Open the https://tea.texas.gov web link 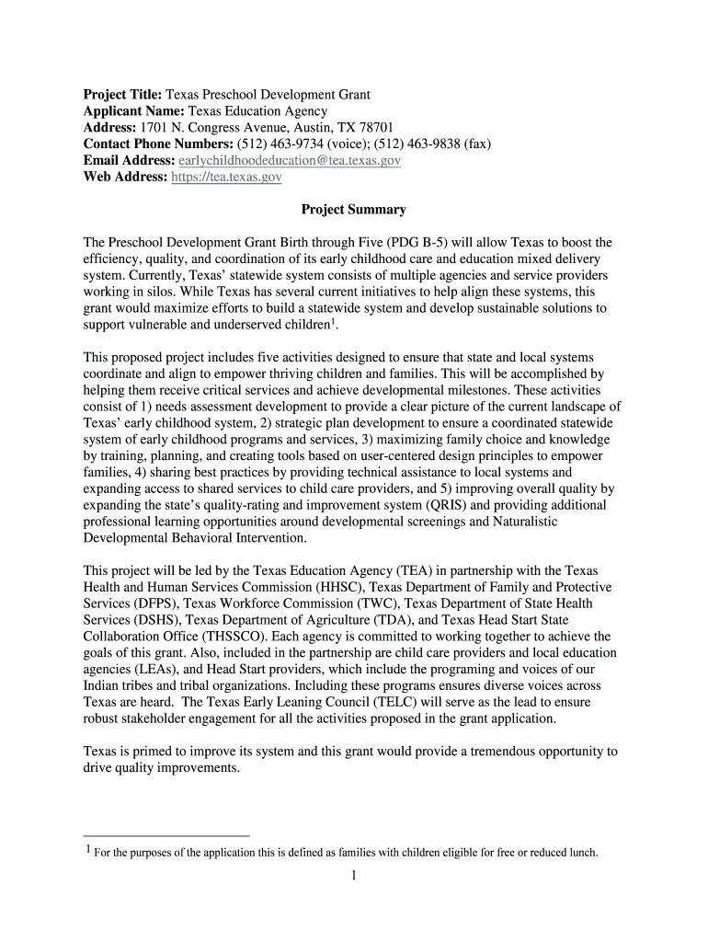click(227, 178)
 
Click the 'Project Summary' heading click(353, 210)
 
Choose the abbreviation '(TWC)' click(360, 603)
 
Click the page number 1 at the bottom click(353, 876)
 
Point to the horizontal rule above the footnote click(166, 836)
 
